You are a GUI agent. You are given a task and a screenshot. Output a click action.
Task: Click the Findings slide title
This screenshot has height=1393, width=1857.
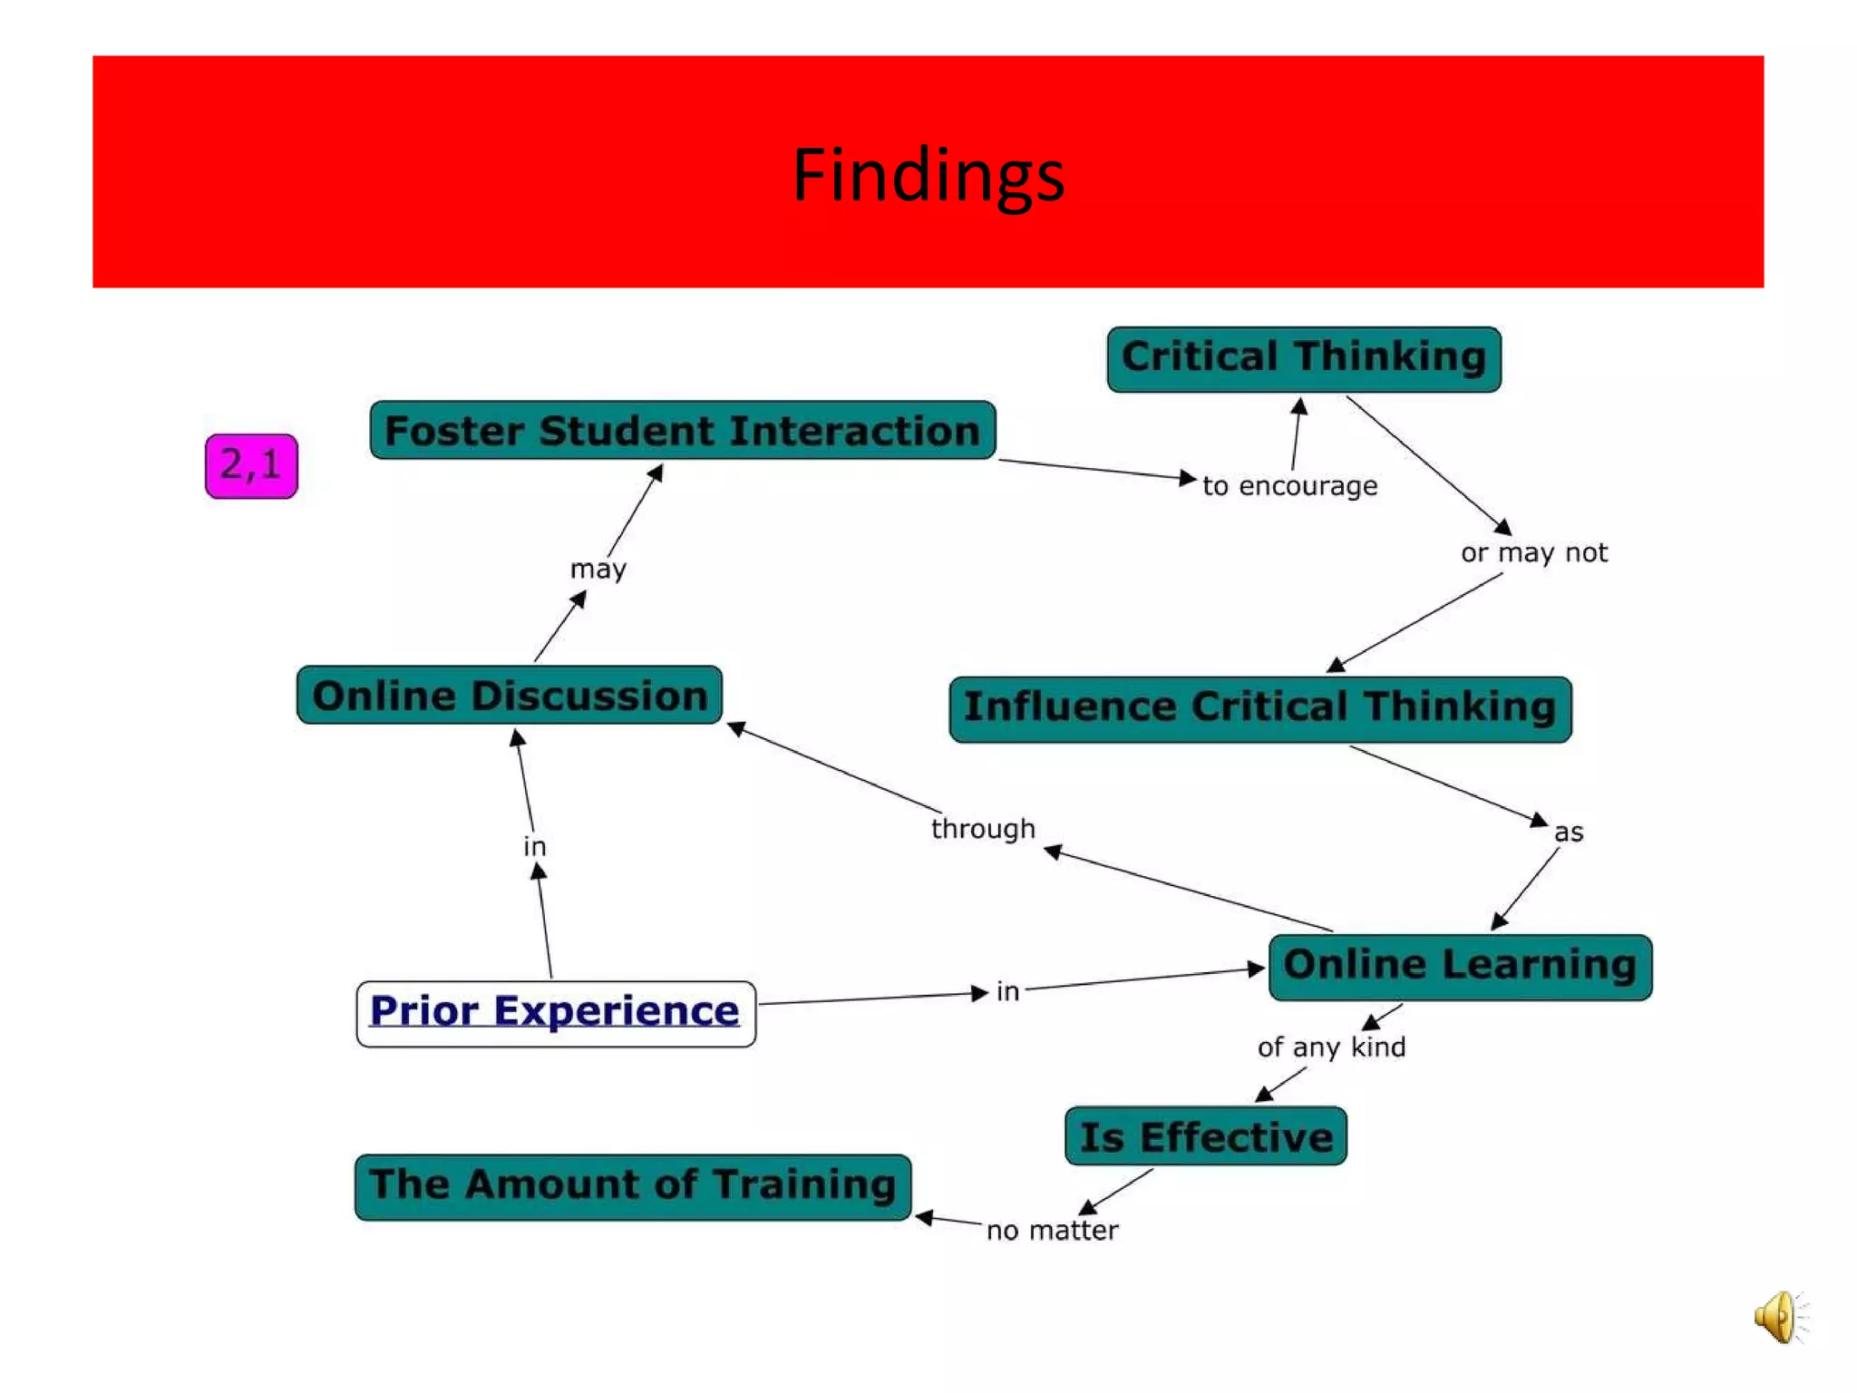pos(928,174)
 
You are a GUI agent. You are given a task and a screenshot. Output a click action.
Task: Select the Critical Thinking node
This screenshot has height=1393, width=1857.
pos(1303,359)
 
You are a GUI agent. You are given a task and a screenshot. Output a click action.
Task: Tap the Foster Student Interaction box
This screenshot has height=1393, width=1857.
pos(682,431)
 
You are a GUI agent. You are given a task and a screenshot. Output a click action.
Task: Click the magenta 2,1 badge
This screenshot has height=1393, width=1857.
pos(251,466)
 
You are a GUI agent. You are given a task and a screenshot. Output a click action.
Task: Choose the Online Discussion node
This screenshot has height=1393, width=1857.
pos(510,696)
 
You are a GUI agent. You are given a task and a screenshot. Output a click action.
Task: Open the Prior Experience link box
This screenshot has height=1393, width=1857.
pos(555,1013)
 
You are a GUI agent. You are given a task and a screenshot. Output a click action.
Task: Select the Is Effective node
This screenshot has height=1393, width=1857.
pos(1205,1136)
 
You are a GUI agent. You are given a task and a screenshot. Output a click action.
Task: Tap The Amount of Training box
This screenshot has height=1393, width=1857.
pos(632,1186)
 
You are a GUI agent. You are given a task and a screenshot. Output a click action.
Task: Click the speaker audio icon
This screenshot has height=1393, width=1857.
pos(1778,1317)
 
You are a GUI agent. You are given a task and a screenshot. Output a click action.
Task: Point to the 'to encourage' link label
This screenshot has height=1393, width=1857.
pos(1289,486)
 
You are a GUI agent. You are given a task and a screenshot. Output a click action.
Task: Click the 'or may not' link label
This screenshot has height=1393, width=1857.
pos(1533,552)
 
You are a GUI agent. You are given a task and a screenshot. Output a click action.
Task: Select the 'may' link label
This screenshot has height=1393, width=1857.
pos(598,570)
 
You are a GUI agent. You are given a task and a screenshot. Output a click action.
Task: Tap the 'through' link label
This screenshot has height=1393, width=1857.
pos(983,829)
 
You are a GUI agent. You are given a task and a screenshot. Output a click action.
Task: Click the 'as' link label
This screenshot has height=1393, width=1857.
pos(1568,833)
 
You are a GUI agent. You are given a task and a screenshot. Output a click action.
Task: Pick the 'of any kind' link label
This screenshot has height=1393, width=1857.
pos(1330,1047)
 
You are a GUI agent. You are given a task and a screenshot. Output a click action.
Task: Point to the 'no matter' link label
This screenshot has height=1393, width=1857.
pos(1052,1231)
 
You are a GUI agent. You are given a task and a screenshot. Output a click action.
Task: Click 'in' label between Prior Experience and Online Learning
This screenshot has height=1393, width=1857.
pos(1007,991)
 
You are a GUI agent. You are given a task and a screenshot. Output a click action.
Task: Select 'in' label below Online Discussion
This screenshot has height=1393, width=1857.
pos(534,846)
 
